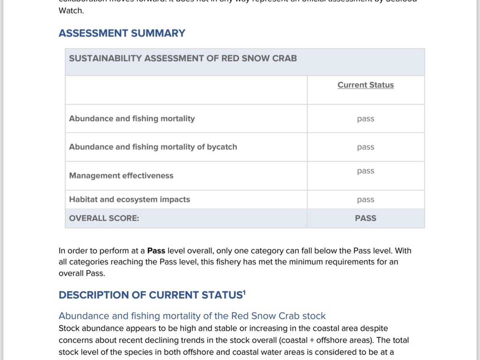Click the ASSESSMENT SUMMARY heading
pyautogui.click(x=122, y=33)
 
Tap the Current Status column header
pyautogui.click(x=365, y=85)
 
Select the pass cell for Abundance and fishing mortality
pyautogui.click(x=365, y=119)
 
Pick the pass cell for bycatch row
pyautogui.click(x=365, y=147)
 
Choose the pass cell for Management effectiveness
pyautogui.click(x=365, y=171)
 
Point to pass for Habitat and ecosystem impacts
pyautogui.click(x=365, y=200)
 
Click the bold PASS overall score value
pyautogui.click(x=365, y=218)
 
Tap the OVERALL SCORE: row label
pyautogui.click(x=104, y=218)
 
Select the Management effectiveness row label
pyautogui.click(x=121, y=176)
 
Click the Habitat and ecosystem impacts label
pyautogui.click(x=129, y=199)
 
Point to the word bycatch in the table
pyautogui.click(x=222, y=147)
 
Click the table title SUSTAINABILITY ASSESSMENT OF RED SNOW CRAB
pyautogui.click(x=183, y=58)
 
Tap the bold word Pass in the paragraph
pyautogui.click(x=156, y=251)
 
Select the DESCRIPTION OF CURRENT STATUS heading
pyautogui.click(x=150, y=295)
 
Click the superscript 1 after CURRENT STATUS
pyautogui.click(x=244, y=292)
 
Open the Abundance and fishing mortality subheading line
pyautogui.click(x=192, y=316)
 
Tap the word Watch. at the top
pyautogui.click(x=71, y=11)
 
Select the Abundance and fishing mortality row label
pyautogui.click(x=132, y=119)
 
